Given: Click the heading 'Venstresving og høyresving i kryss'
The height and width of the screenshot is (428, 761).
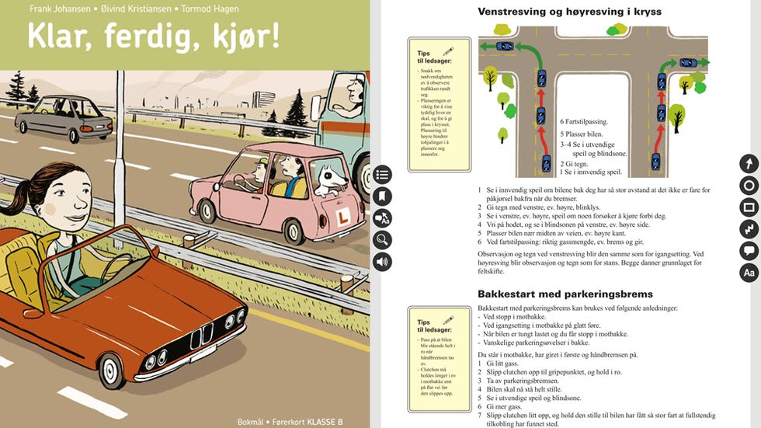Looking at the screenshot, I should tap(580, 12).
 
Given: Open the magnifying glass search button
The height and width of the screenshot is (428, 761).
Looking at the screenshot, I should tap(382, 239).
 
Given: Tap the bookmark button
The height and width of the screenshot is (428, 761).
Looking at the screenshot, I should tap(382, 196).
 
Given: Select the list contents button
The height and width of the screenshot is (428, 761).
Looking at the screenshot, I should tap(382, 174).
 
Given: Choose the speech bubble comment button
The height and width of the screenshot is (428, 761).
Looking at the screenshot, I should tap(749, 250).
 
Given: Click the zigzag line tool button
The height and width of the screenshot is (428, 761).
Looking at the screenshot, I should tap(749, 228).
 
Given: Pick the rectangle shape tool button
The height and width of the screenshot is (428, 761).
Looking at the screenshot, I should tap(749, 207).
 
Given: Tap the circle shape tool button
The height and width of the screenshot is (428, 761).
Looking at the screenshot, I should tap(749, 185).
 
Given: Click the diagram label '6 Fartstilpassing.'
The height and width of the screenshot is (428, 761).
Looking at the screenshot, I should tap(584, 122).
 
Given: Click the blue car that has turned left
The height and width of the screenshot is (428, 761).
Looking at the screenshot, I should tap(505, 47).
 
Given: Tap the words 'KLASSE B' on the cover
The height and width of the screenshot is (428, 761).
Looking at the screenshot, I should tap(325, 422).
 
